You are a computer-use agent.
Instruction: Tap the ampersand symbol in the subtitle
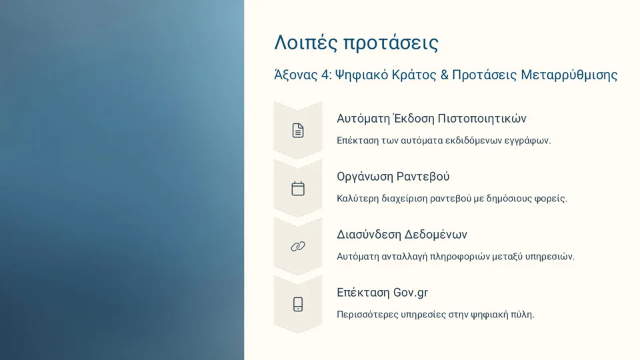[x=445, y=75]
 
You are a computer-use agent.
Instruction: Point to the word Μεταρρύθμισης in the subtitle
[x=569, y=75]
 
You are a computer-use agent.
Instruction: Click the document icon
[x=298, y=131]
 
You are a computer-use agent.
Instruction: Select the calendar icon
[x=298, y=189]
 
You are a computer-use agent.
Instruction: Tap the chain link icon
[x=298, y=247]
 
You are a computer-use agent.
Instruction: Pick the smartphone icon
[x=298, y=305]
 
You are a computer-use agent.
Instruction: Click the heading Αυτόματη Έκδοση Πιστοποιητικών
[x=431, y=119]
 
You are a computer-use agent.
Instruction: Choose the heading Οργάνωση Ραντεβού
[x=393, y=177]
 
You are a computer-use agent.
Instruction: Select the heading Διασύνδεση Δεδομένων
[x=402, y=235]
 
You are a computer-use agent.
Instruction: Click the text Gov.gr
[x=411, y=293]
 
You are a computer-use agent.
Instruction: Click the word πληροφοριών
[x=455, y=257]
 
